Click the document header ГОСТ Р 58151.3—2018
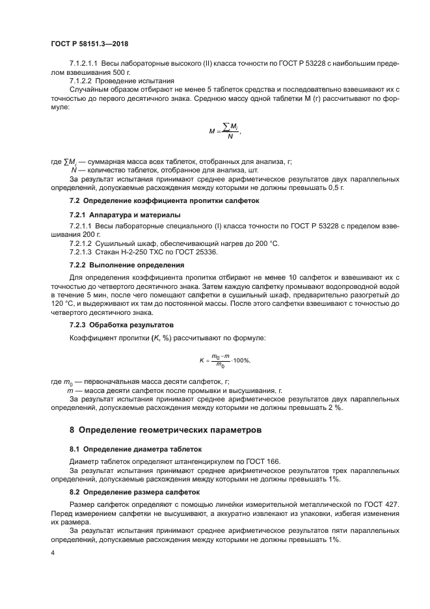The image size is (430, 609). click(88, 44)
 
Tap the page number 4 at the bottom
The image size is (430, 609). click(52, 552)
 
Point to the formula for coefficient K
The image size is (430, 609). click(224, 359)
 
